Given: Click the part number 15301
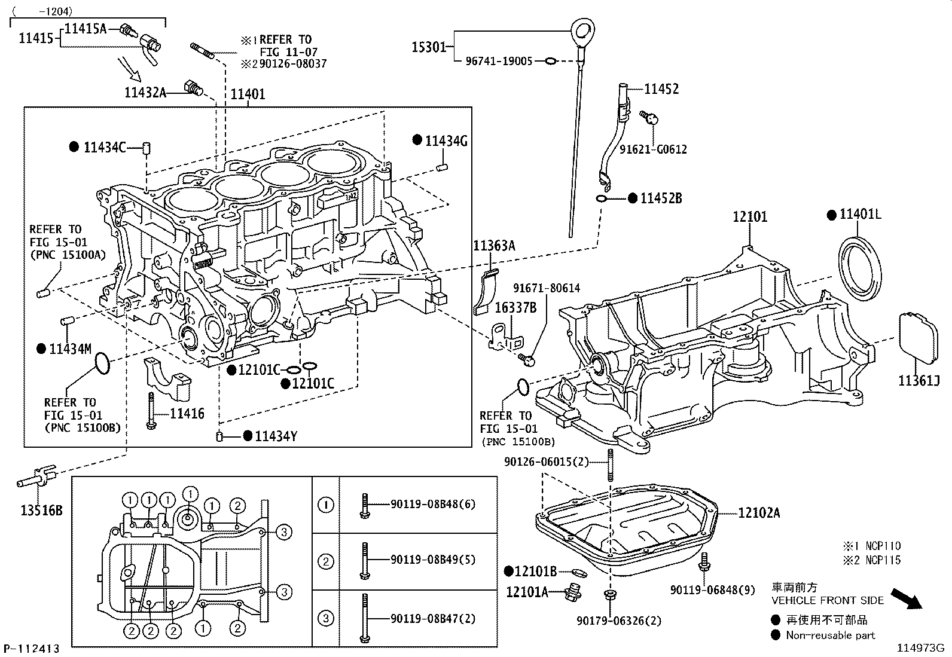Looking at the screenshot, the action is [428, 47].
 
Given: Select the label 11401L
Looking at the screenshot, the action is [860, 214].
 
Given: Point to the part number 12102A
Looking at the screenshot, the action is [759, 513].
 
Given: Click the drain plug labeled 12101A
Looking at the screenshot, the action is [572, 592].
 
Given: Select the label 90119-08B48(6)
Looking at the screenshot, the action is [433, 504].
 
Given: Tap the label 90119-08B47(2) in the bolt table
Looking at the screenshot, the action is [433, 619].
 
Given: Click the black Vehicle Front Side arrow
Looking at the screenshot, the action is [907, 598].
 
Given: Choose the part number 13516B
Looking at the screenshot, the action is [42, 510].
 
